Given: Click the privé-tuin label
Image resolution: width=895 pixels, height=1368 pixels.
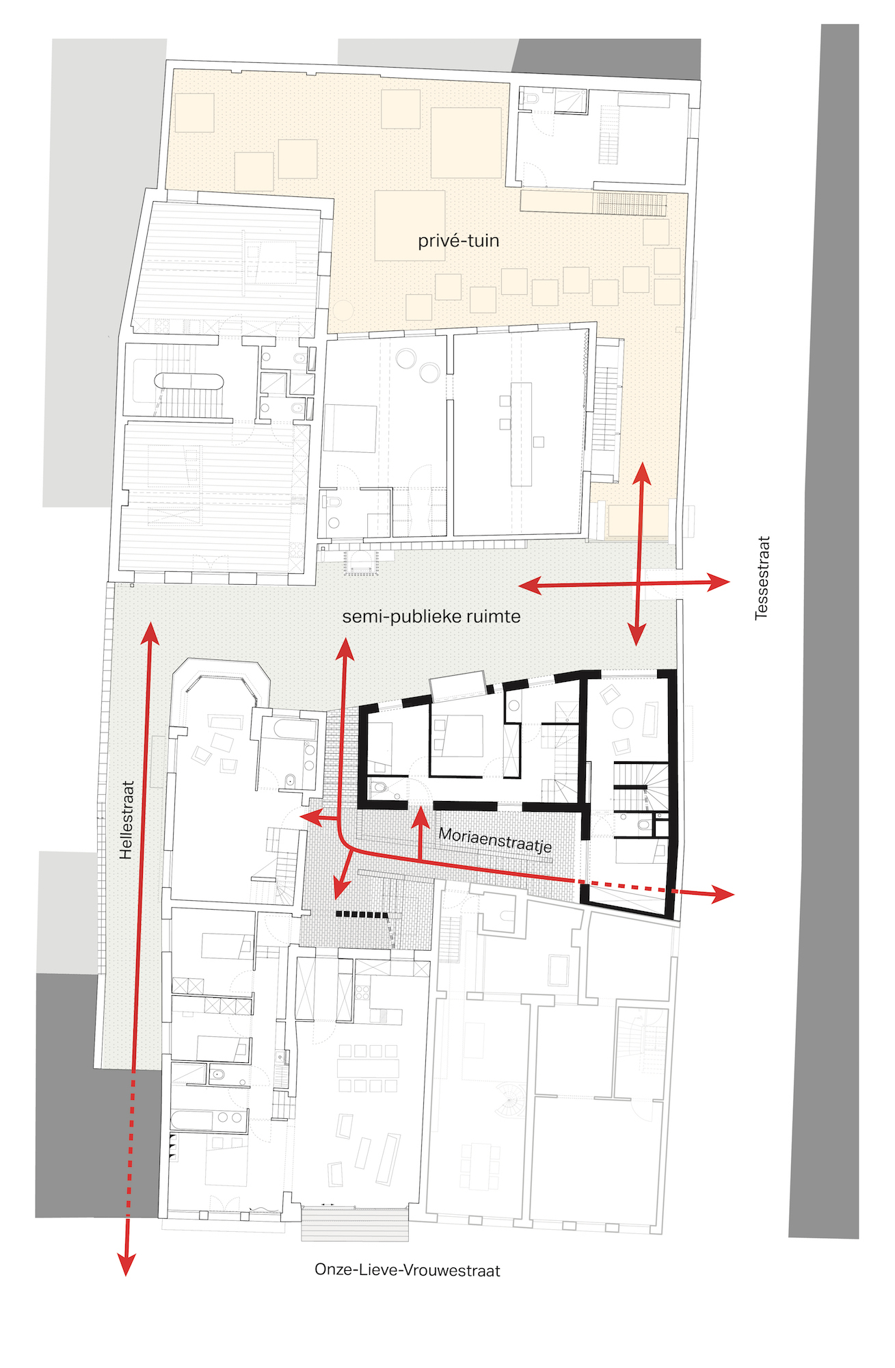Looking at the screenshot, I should pos(458,241).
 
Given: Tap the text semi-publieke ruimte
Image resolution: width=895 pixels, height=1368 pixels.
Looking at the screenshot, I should pos(431,616).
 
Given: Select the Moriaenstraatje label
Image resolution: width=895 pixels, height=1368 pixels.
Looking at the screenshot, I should pos(495,839).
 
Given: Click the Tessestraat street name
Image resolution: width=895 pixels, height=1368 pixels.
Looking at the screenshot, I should pos(762,578).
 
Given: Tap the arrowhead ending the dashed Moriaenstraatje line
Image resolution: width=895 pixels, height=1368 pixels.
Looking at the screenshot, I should pos(723,893).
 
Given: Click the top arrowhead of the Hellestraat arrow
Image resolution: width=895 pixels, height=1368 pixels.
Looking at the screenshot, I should pos(150,633).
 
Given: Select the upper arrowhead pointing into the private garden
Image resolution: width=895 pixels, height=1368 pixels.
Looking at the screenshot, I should pos(641,473).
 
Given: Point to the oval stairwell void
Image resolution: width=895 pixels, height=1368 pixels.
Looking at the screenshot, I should pos(189,381).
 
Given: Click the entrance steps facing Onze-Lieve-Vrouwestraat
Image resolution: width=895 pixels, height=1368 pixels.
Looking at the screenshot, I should pos(355,1224).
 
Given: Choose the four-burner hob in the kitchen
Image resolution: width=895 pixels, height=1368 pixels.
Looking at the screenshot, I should pos(362,989).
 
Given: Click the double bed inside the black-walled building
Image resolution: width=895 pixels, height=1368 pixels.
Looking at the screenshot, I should pos(458,735).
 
